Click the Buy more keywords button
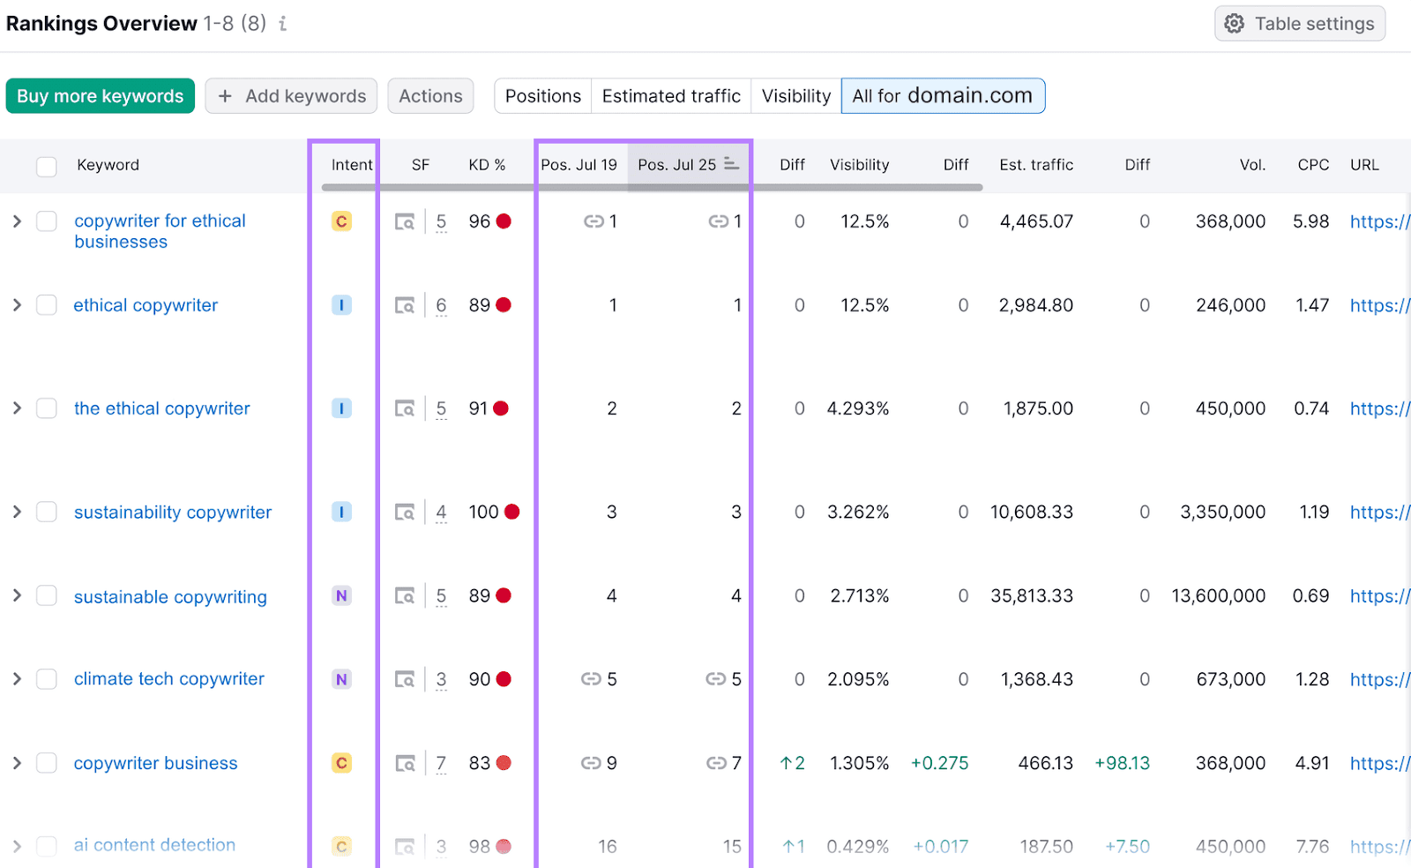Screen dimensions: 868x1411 pyautogui.click(x=100, y=96)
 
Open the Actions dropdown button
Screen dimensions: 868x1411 pyautogui.click(x=430, y=96)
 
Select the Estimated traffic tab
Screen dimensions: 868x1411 pyautogui.click(x=670, y=96)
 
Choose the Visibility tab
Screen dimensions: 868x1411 pyautogui.click(x=795, y=96)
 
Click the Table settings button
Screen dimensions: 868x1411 pyautogui.click(x=1299, y=24)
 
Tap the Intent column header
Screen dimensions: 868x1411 pyautogui.click(x=351, y=165)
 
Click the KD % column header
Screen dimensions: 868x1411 pyautogui.click(x=487, y=165)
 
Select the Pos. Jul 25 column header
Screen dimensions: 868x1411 pyautogui.click(x=677, y=165)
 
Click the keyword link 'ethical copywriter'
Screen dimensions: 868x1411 pyautogui.click(x=146, y=305)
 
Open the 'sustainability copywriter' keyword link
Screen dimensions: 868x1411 pyautogui.click(x=173, y=513)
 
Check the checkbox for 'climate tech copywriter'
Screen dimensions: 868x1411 pyautogui.click(x=47, y=679)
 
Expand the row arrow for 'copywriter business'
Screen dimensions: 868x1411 pyautogui.click(x=17, y=763)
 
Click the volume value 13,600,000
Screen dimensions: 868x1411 pyautogui.click(x=1218, y=596)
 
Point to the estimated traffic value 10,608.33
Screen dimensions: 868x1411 pyautogui.click(x=1031, y=513)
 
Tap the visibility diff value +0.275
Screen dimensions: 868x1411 pyautogui.click(x=939, y=763)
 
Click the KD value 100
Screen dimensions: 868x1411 pyautogui.click(x=483, y=513)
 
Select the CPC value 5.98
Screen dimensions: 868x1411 pyautogui.click(x=1310, y=221)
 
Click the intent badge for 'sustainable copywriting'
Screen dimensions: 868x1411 pyautogui.click(x=341, y=596)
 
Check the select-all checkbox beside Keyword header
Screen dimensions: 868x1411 pyautogui.click(x=47, y=166)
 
